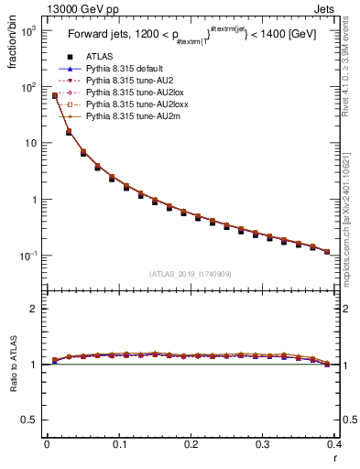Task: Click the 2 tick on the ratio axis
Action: pos(34,309)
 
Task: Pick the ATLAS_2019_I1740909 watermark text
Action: pos(190,274)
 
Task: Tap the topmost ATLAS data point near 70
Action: pos(55,95)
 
